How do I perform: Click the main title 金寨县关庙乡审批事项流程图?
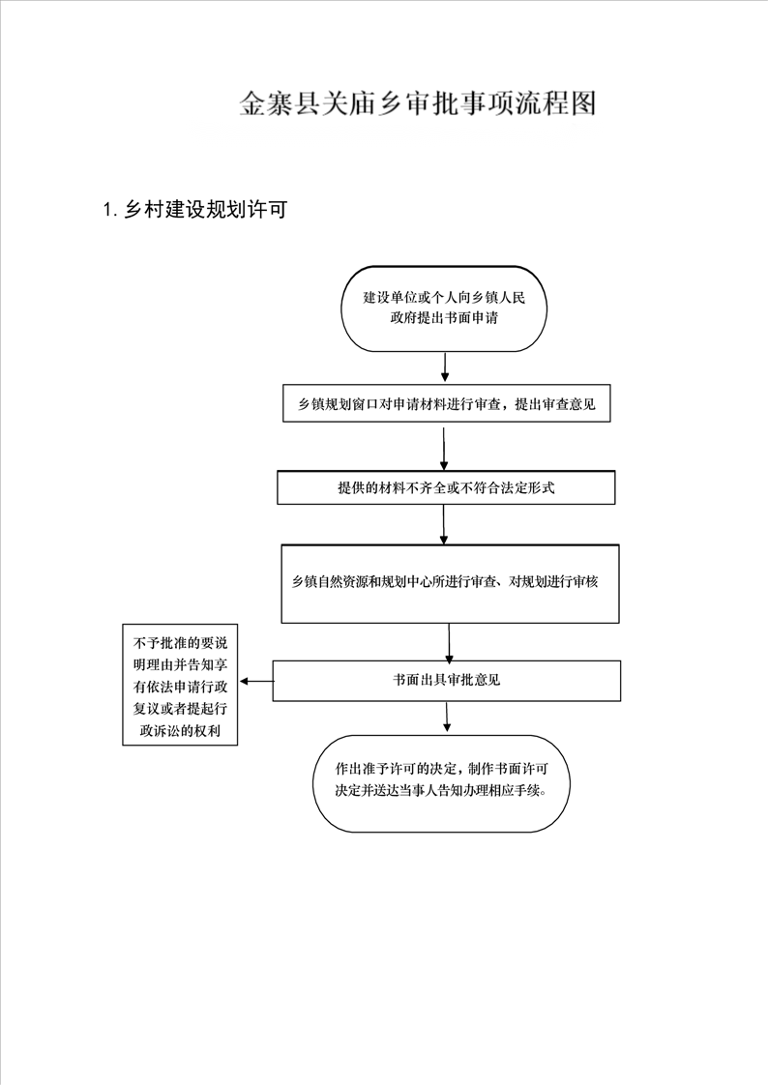click(417, 103)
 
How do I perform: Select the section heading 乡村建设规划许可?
click(205, 210)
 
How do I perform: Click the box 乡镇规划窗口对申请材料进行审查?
click(446, 403)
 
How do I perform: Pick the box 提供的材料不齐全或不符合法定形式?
click(446, 487)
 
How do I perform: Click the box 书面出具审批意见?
click(446, 680)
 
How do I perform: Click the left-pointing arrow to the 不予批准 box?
click(256, 682)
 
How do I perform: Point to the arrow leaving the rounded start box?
click(445, 367)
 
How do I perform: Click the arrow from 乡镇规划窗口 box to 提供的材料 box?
click(444, 448)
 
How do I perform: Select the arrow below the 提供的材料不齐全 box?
click(444, 524)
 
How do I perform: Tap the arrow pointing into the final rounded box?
click(447, 717)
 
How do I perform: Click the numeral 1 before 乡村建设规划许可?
click(107, 210)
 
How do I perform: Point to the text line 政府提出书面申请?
click(444, 318)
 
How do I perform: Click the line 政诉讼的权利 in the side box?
click(180, 731)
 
